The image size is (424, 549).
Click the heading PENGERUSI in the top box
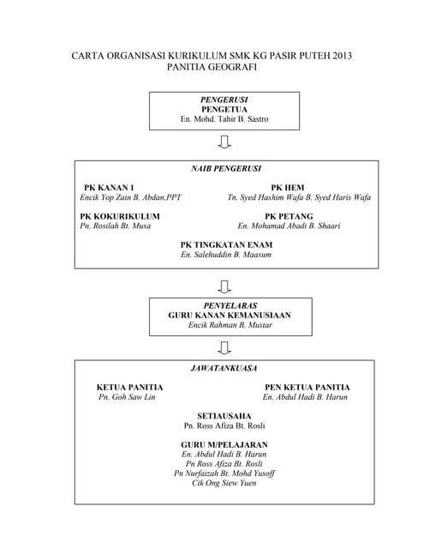(x=224, y=100)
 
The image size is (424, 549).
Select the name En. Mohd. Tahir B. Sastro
(x=224, y=119)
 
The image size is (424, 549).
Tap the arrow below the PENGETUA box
(x=224, y=142)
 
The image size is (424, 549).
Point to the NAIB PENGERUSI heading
(x=225, y=169)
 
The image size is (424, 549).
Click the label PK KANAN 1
(x=109, y=187)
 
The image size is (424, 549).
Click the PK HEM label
(x=288, y=187)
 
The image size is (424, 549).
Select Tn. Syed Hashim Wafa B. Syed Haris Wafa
(x=299, y=197)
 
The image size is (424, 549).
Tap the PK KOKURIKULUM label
(x=120, y=216)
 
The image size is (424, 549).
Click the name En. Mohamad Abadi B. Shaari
(x=289, y=226)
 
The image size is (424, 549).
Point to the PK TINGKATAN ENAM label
(x=226, y=245)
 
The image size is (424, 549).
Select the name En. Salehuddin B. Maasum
(x=226, y=256)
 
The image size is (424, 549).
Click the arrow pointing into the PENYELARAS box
(x=224, y=285)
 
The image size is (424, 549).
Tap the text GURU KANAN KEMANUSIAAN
(x=230, y=316)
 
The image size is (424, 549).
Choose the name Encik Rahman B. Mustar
(x=230, y=326)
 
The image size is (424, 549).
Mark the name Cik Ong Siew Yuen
(x=224, y=483)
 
